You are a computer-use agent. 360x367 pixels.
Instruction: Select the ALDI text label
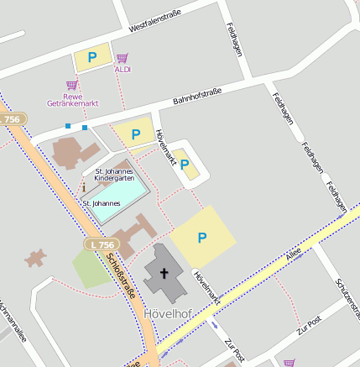click(123, 69)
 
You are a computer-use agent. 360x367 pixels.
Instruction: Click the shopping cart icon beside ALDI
click(123, 58)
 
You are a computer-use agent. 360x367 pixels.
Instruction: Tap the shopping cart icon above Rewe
click(72, 84)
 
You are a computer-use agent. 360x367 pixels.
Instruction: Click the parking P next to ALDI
click(92, 57)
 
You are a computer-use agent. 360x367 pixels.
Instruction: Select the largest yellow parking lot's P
click(202, 238)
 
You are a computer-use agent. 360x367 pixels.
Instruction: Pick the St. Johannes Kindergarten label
click(114, 175)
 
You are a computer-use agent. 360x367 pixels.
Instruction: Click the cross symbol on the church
click(164, 273)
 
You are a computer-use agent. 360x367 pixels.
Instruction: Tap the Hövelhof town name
click(169, 314)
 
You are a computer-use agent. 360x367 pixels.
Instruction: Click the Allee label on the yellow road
click(293, 254)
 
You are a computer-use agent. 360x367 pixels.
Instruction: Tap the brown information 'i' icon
click(84, 186)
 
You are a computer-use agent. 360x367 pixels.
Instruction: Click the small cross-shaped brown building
click(35, 257)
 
